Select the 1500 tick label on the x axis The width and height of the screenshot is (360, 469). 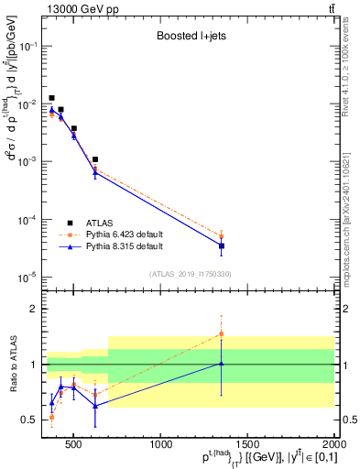(x=248, y=446)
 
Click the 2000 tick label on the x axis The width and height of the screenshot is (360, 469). (x=333, y=446)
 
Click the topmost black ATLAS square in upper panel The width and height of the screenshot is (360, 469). (x=51, y=97)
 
